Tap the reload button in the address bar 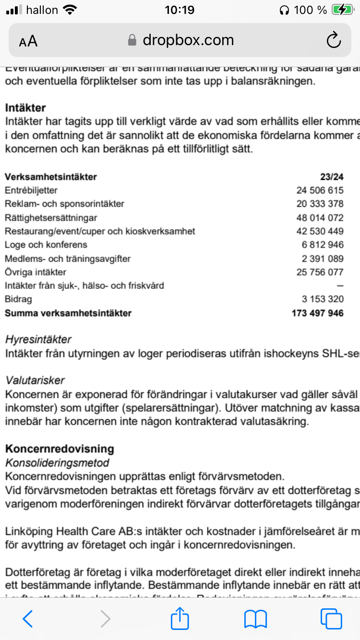pos(333,40)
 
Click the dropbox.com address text pos(188,40)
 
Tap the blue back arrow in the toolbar pos(28,619)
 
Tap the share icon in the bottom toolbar pos(180,618)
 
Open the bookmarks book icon pos(255,619)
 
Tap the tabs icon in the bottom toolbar pos(331,619)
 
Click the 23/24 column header pos(332,177)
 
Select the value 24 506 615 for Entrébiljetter pos(320,190)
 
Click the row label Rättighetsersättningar pos(51,217)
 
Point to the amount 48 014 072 pos(320,217)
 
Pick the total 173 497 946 pos(317,313)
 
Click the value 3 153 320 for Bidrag pos(323,299)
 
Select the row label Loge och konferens pos(46,245)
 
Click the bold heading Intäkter pos(25,108)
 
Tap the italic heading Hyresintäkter pos(38,340)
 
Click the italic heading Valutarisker pos(35,380)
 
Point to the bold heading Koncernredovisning pos(60,449)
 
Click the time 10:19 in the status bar pos(179,10)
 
